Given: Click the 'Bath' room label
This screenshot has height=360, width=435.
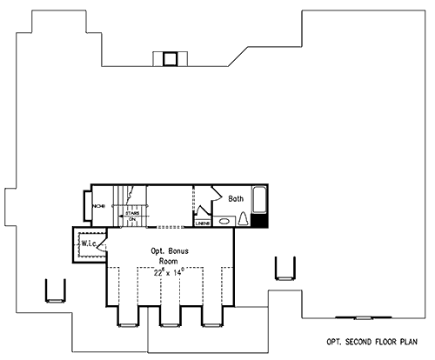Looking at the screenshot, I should [x=236, y=199].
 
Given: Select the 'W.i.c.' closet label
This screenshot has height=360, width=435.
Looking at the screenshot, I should [x=89, y=243].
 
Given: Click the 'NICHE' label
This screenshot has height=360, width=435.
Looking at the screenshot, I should [x=98, y=207].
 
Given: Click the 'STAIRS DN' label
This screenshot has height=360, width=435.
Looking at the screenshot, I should [x=133, y=215].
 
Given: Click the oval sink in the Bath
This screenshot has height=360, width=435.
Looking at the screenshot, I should [x=224, y=221].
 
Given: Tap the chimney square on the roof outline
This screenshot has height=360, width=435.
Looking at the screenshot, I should [x=171, y=58].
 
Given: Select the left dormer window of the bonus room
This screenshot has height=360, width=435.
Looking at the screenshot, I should [x=127, y=323].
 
